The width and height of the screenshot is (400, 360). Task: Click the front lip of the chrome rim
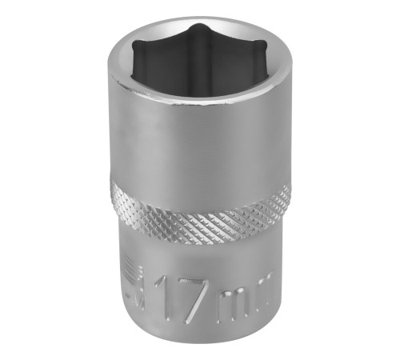click(x=200, y=105)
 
